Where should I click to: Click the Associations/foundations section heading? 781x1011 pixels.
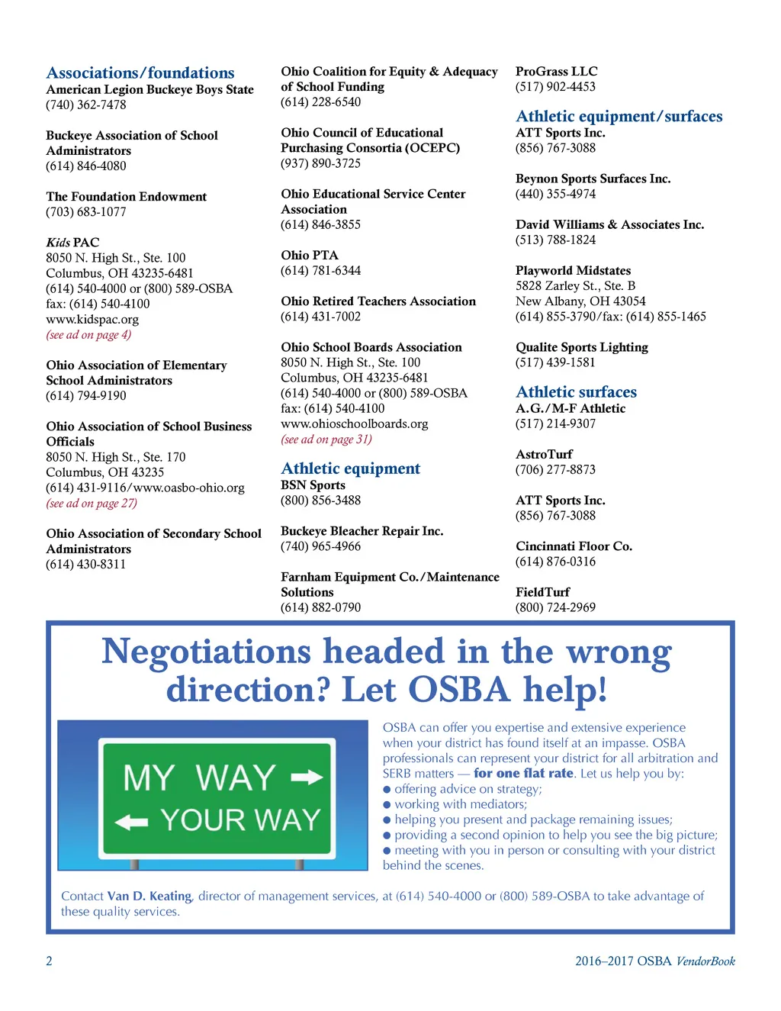(140, 73)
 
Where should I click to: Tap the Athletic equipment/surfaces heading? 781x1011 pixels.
(619, 117)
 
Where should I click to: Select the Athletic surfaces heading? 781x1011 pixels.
(576, 392)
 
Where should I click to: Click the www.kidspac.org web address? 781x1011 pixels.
(92, 320)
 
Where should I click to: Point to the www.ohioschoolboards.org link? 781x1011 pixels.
(354, 424)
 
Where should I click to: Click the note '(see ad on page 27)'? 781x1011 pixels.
(92, 504)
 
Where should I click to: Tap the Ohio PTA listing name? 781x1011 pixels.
(309, 256)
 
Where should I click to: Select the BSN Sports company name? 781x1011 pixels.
(313, 485)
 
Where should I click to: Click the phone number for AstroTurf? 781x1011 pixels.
(555, 470)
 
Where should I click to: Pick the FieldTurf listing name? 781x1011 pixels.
(542, 592)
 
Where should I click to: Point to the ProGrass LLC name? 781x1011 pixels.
(556, 72)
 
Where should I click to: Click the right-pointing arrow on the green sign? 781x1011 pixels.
(307, 778)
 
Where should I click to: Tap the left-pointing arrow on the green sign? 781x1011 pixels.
(131, 822)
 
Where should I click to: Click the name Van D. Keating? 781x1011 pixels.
(149, 897)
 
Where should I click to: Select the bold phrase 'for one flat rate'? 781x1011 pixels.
(523, 774)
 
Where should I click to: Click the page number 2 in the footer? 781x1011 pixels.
(50, 961)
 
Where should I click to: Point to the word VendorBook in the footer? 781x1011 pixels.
(705, 961)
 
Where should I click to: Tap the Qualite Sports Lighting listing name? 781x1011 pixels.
(581, 347)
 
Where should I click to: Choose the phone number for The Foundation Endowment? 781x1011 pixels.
(85, 212)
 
